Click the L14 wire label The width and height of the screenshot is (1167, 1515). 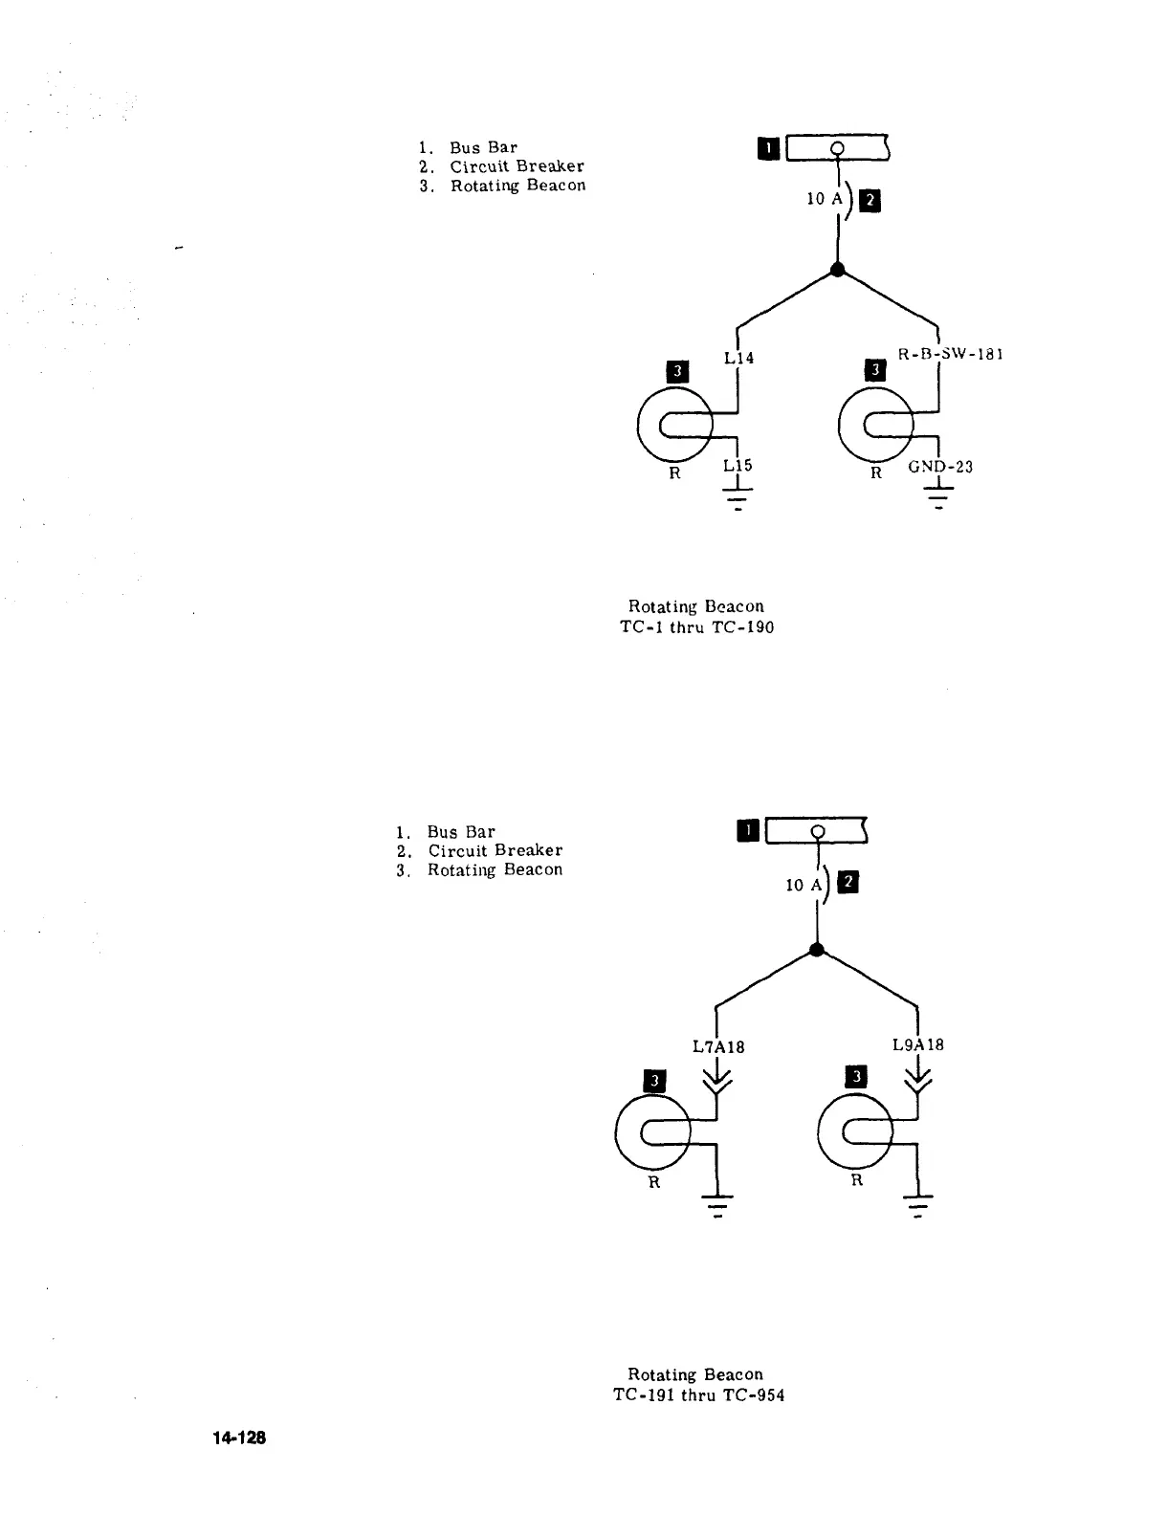(x=738, y=359)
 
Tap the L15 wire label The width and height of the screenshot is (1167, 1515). (x=738, y=466)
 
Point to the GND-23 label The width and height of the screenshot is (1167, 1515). (x=939, y=468)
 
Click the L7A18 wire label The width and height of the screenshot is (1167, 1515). (x=717, y=1046)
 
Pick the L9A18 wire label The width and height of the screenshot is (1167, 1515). (x=917, y=1044)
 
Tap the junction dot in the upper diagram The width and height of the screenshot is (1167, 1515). (x=838, y=270)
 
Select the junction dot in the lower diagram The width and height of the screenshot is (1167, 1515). (x=816, y=950)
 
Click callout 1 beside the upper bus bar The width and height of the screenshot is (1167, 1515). (x=768, y=148)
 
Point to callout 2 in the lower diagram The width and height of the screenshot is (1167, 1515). (x=848, y=883)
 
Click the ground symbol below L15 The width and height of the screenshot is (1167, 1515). (x=738, y=497)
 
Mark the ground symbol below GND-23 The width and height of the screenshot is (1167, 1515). (x=939, y=497)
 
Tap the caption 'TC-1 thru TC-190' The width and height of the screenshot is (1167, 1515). (x=696, y=628)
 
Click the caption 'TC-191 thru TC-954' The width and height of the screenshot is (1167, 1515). (x=697, y=1395)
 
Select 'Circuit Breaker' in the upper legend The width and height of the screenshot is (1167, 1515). (x=517, y=166)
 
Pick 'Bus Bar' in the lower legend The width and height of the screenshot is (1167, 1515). (x=461, y=832)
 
